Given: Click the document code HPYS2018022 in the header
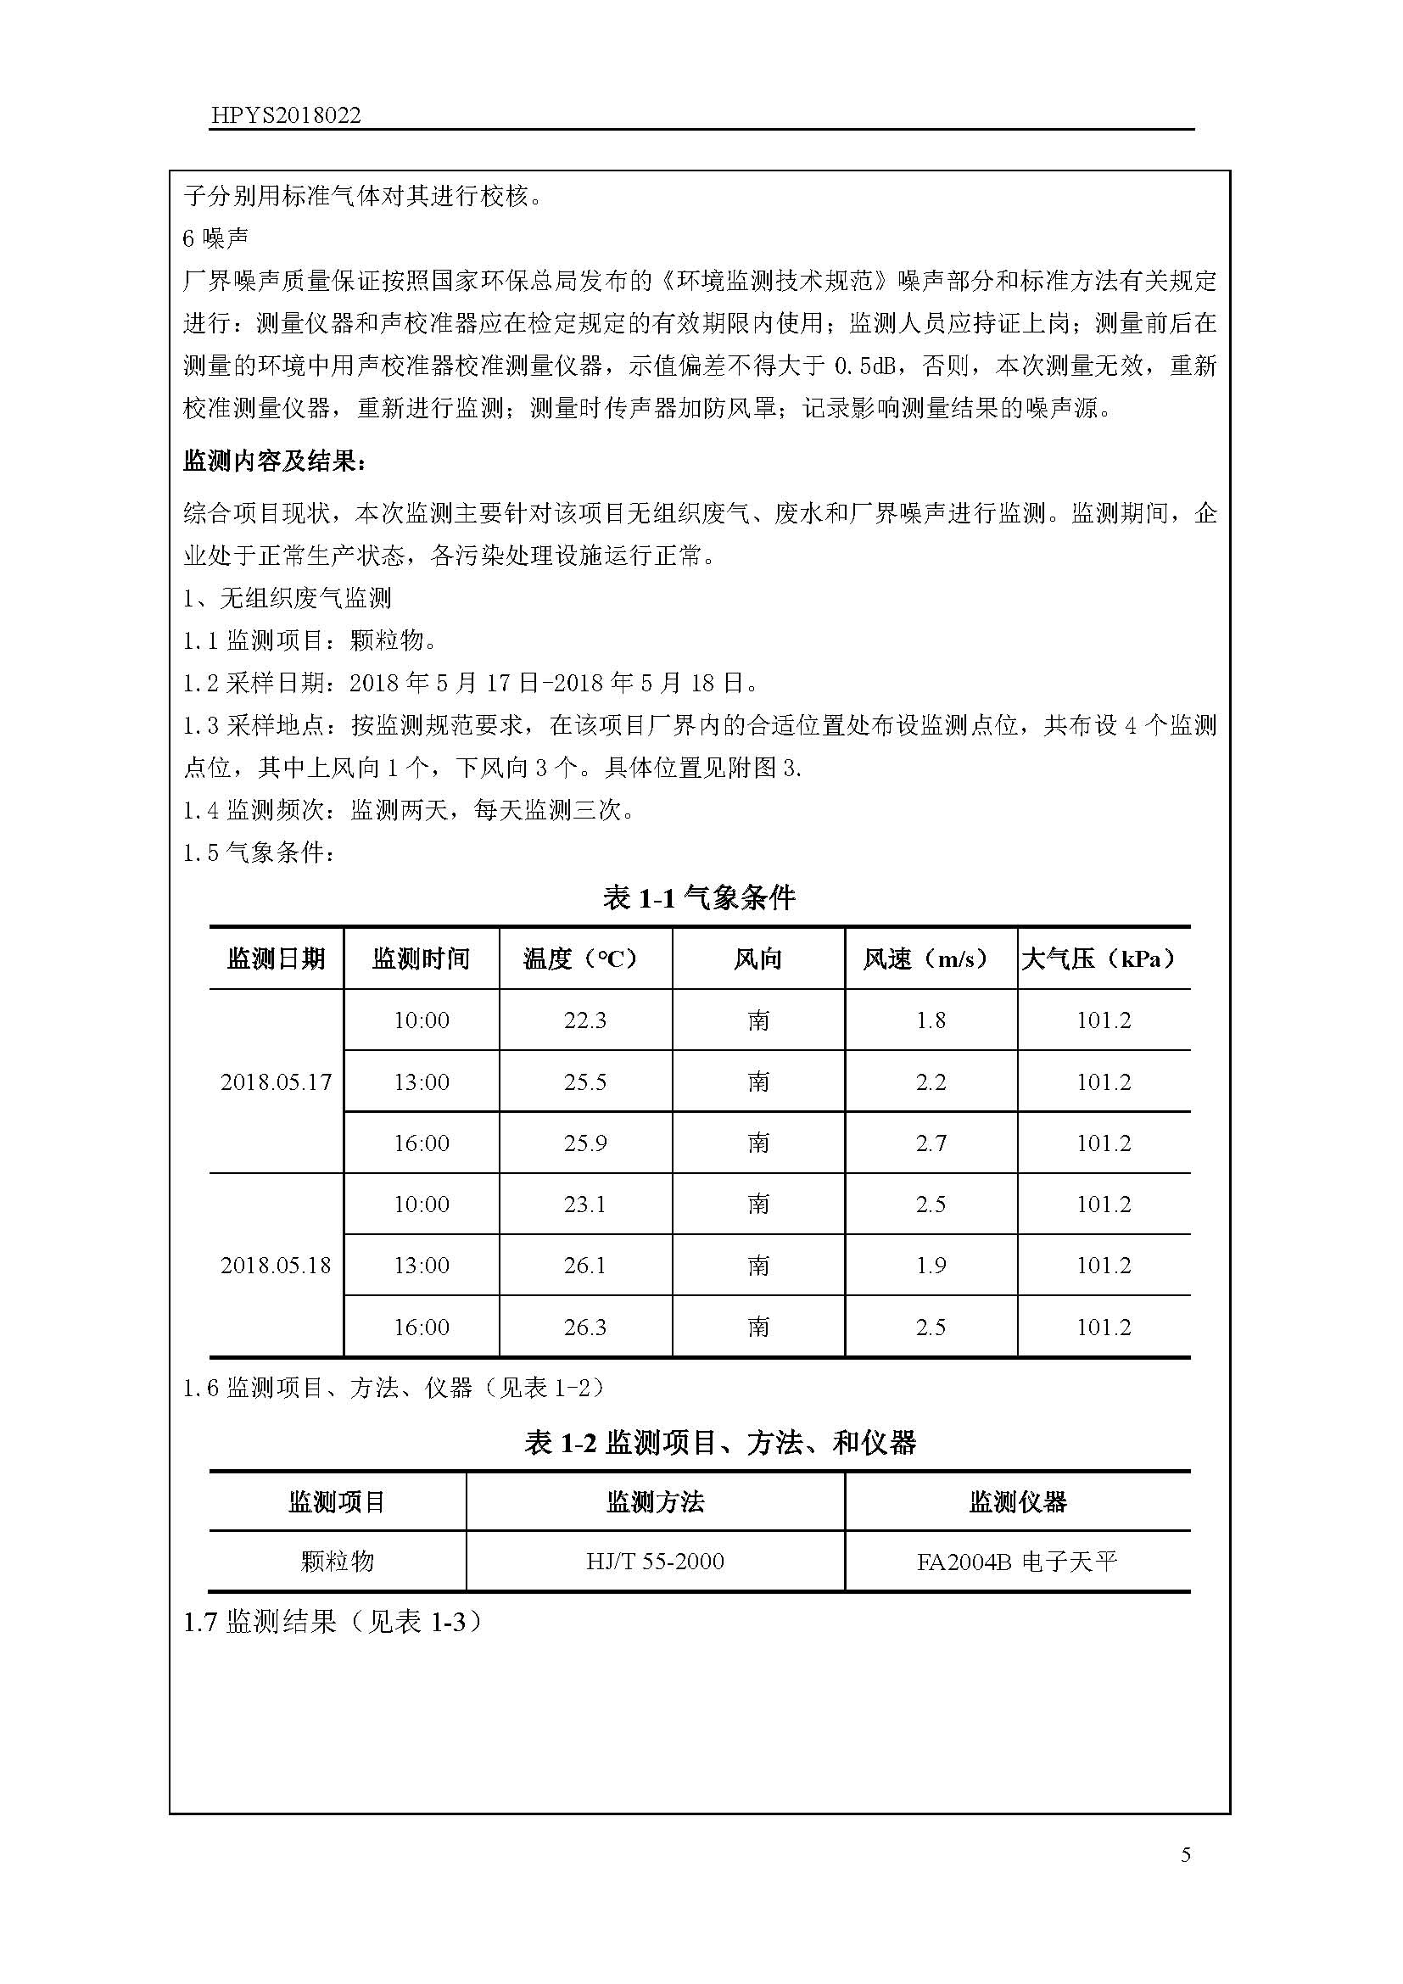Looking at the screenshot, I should pyautogui.click(x=285, y=116).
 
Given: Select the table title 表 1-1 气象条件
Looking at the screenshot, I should pyautogui.click(x=699, y=898).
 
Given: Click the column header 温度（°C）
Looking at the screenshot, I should pyautogui.click(x=585, y=958).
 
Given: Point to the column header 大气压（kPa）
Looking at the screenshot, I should pyautogui.click(x=1104, y=958).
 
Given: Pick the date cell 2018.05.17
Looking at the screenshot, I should pyautogui.click(x=276, y=1081).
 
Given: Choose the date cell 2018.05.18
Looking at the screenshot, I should pyautogui.click(x=276, y=1265).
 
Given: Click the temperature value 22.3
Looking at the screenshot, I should pyautogui.click(x=585, y=1020).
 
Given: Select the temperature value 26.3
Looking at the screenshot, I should pyautogui.click(x=585, y=1327).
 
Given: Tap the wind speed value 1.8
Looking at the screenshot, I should pyautogui.click(x=931, y=1020).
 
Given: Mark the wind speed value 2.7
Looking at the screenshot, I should pyautogui.click(x=931, y=1143).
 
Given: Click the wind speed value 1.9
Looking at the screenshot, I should pyautogui.click(x=931, y=1265).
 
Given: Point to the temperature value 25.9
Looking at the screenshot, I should pyautogui.click(x=585, y=1143).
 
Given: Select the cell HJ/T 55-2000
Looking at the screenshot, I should pyautogui.click(x=655, y=1562).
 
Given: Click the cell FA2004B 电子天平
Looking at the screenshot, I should pyautogui.click(x=1017, y=1562).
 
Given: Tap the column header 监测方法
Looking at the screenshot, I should pyautogui.click(x=655, y=1502).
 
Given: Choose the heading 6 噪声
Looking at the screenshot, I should pyautogui.click(x=215, y=238).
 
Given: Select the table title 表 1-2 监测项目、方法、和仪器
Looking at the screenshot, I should pyautogui.click(x=719, y=1442).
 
